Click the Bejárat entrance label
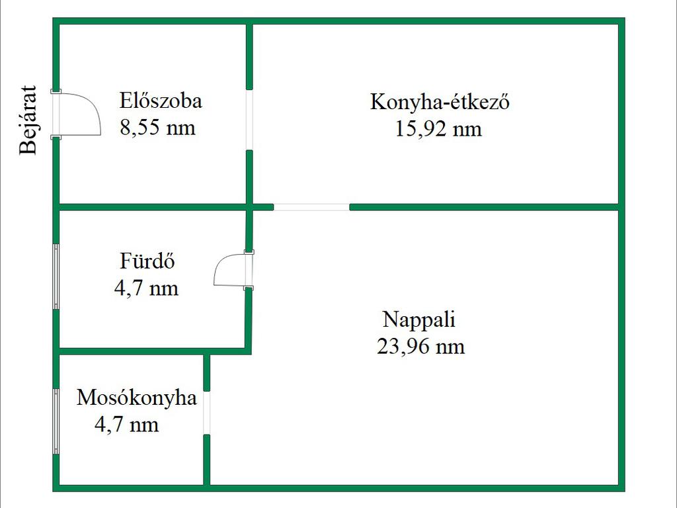click(x=28, y=120)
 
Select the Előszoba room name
click(x=161, y=101)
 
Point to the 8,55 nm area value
click(x=157, y=128)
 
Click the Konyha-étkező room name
click(x=440, y=103)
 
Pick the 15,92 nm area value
click(x=438, y=129)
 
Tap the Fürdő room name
click(x=147, y=261)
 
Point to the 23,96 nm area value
click(x=421, y=347)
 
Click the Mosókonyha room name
click(x=136, y=398)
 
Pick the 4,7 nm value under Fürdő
click(x=146, y=288)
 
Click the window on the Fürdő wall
click(x=56, y=276)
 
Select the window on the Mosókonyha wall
click(x=56, y=421)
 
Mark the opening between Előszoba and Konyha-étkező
click(x=249, y=120)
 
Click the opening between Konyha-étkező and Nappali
click(x=311, y=207)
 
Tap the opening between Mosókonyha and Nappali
click(x=207, y=413)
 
